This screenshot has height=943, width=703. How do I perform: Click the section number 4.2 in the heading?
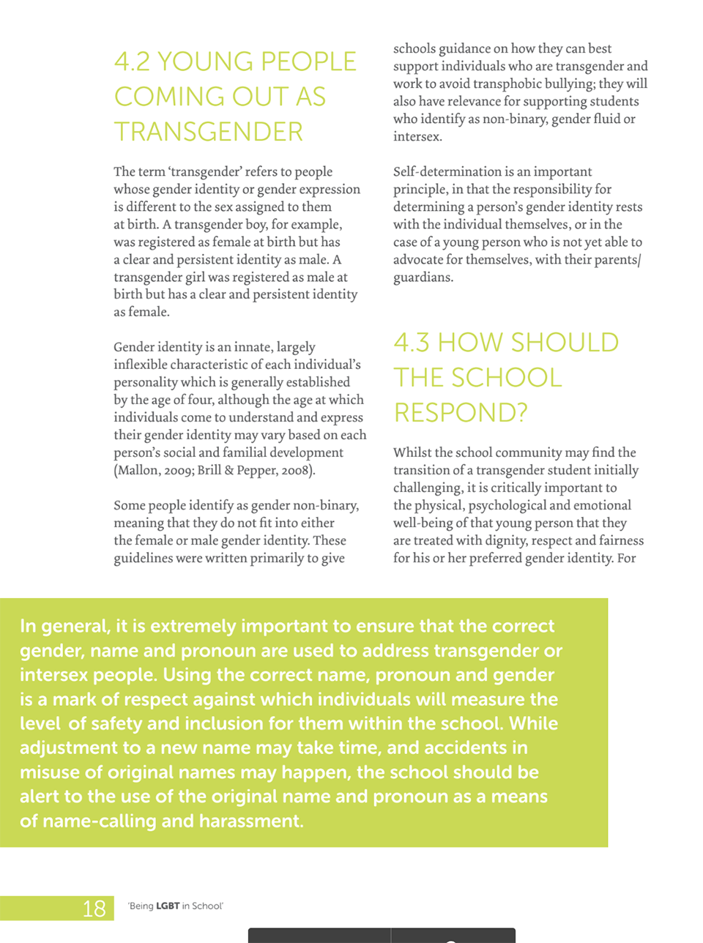click(133, 61)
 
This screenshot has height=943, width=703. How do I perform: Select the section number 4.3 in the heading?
click(412, 343)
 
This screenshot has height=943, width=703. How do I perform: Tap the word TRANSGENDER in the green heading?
click(208, 132)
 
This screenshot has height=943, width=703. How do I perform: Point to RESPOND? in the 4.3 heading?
click(461, 413)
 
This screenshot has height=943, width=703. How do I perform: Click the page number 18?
click(94, 909)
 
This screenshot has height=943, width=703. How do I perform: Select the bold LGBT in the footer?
click(168, 906)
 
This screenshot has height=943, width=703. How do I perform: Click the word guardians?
click(421, 277)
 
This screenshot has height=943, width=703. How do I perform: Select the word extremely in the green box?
click(193, 626)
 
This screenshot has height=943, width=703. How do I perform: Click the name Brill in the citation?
click(209, 470)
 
